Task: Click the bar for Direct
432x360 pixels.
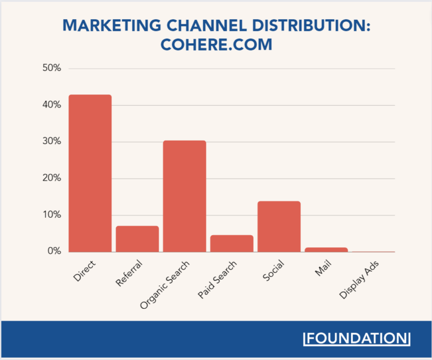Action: pyautogui.click(x=90, y=173)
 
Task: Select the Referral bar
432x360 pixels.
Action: pyautogui.click(x=137, y=239)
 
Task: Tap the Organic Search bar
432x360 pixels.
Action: pyautogui.click(x=184, y=196)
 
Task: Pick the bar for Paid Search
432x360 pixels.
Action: pyautogui.click(x=232, y=244)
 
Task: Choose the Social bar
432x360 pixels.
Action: pyautogui.click(x=279, y=227)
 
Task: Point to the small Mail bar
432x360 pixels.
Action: pyautogui.click(x=326, y=249)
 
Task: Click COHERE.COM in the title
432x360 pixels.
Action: pyautogui.click(x=216, y=45)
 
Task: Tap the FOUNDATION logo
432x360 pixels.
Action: pyautogui.click(x=357, y=339)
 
